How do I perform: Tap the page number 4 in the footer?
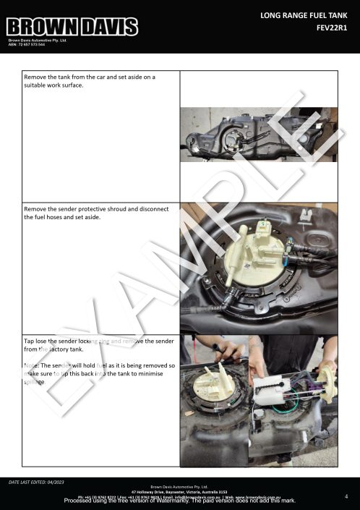click(346, 496)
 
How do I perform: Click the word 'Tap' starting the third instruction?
click(30, 340)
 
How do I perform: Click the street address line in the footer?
click(179, 491)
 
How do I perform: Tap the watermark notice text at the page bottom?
click(179, 501)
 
